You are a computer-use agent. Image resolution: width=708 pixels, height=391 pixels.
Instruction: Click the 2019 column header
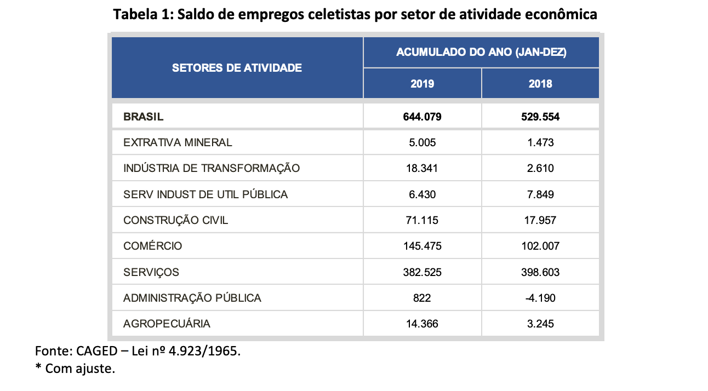point(422,84)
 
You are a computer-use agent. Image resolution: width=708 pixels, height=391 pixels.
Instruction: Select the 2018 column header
point(540,84)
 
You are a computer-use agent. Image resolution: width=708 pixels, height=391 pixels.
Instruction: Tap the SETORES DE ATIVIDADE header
point(237,68)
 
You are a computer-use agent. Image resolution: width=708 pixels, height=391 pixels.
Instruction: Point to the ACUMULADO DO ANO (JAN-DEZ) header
point(481,53)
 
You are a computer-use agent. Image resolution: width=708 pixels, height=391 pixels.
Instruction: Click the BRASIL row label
point(144,117)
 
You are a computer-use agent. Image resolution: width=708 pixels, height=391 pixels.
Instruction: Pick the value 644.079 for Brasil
point(422,117)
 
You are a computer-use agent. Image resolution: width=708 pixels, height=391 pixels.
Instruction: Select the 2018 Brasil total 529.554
point(540,117)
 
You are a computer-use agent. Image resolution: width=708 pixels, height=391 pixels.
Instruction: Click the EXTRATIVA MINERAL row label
point(178,142)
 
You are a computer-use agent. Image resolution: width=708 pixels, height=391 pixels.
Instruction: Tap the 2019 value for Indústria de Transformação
point(422,168)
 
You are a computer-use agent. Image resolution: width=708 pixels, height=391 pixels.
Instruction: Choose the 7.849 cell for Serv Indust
point(540,194)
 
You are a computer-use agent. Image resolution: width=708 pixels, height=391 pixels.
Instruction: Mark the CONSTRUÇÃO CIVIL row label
point(175,220)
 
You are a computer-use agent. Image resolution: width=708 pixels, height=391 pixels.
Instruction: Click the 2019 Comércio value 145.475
point(422,246)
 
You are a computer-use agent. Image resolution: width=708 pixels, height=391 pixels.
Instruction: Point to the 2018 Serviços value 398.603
point(540,272)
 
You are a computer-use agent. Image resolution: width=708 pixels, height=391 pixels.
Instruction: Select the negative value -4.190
point(540,298)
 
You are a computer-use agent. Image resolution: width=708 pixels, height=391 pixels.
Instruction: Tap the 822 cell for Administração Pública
point(422,298)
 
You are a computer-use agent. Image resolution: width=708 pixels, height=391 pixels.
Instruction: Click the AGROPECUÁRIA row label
point(167,324)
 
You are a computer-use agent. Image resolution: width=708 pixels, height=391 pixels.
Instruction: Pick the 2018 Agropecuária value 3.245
point(540,324)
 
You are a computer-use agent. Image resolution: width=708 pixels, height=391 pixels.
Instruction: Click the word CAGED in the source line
point(93,350)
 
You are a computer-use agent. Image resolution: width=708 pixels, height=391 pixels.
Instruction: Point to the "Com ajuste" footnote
point(80,369)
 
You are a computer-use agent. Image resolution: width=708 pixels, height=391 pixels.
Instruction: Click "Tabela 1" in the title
point(141,15)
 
